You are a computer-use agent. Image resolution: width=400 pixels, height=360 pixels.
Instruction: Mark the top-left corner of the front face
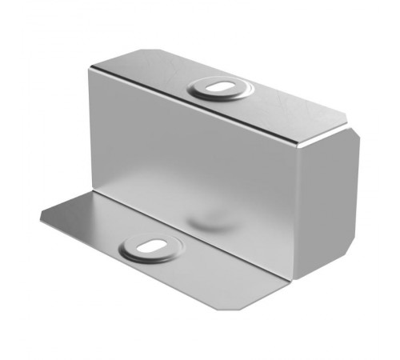coord(90,70)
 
